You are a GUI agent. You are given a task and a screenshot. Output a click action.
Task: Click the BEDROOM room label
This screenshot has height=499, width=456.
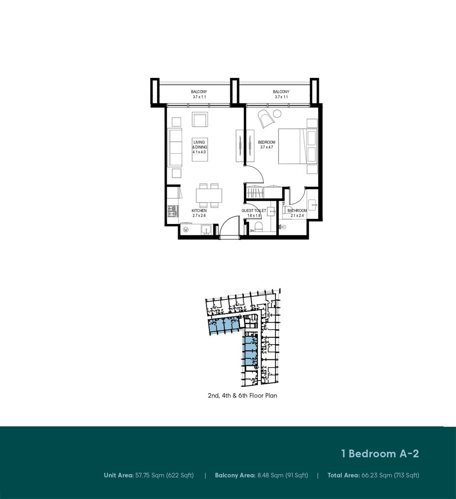click(266, 142)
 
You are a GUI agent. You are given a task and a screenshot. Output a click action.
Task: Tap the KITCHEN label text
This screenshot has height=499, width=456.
click(199, 211)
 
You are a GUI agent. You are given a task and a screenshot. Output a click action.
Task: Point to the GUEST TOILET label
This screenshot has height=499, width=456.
click(253, 211)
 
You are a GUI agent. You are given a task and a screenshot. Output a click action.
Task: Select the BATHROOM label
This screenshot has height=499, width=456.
click(297, 211)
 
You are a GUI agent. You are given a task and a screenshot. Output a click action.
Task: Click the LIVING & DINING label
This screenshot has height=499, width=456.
click(200, 145)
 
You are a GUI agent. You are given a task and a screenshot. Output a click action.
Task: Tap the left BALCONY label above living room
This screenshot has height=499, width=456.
click(199, 92)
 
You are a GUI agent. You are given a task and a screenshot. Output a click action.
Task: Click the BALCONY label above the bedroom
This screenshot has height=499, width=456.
click(281, 92)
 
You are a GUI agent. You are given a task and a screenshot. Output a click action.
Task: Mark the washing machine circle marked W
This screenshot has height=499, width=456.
click(186, 229)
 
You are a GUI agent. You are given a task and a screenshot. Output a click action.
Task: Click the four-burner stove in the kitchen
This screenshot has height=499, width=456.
click(173, 211)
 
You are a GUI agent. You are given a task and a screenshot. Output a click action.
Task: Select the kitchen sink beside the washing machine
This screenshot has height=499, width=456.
click(206, 230)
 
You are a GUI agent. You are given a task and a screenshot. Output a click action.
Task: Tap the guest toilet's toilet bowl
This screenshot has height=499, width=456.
click(258, 227)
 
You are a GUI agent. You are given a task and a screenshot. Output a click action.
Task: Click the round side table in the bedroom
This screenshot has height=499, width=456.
click(277, 114)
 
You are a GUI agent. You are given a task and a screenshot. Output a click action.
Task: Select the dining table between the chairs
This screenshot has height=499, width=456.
click(209, 196)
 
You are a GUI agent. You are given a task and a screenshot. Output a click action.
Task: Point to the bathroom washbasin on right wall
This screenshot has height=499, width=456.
click(312, 205)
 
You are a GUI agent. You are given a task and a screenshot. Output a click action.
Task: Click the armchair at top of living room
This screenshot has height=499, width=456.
click(200, 119)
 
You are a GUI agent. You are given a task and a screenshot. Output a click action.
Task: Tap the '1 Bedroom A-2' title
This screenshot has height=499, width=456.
click(380, 454)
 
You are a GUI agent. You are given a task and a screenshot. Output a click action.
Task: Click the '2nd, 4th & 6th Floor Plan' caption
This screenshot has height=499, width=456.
click(242, 396)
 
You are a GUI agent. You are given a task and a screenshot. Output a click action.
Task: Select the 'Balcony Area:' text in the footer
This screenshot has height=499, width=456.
click(235, 476)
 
